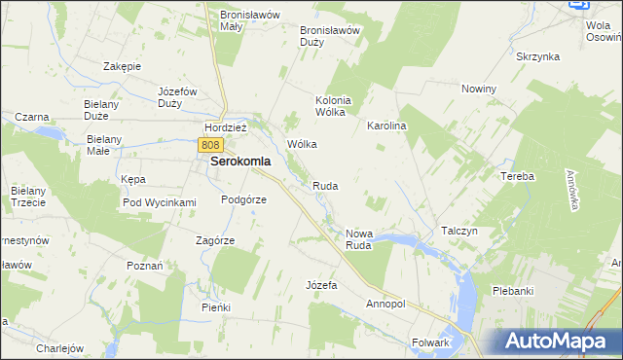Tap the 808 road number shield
[x=213, y=144]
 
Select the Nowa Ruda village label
[x=359, y=239]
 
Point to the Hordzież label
[x=226, y=127]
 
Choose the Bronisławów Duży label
[x=330, y=36]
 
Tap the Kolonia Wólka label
[x=332, y=105]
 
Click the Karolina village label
[x=385, y=126]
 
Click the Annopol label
[x=385, y=304]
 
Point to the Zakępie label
[x=123, y=66]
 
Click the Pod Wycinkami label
[x=160, y=202]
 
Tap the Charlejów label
[x=60, y=348]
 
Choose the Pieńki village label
[x=216, y=307]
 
